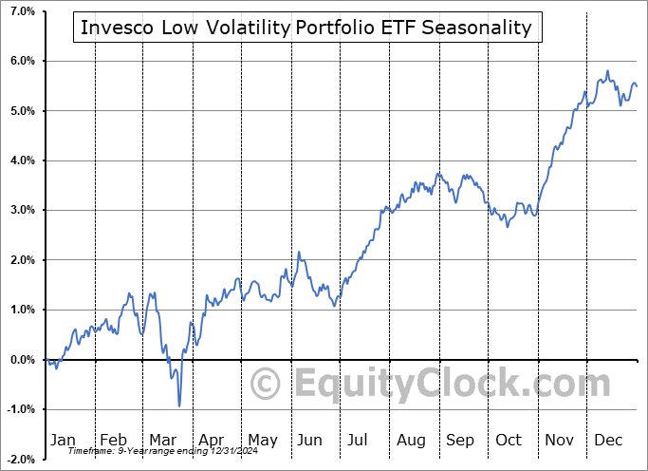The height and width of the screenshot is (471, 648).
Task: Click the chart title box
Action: [306, 28]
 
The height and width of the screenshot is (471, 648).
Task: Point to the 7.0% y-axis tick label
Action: [21, 11]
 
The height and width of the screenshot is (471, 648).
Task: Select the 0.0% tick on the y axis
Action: [21, 360]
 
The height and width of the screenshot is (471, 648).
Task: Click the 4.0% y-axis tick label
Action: [21, 160]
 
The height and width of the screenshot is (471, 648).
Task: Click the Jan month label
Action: [63, 440]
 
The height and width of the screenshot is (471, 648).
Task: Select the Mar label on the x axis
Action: [163, 440]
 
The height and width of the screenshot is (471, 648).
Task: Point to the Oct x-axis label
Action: [509, 440]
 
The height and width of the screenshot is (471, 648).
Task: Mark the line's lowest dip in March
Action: [179, 405]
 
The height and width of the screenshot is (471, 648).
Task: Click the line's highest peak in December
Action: [607, 71]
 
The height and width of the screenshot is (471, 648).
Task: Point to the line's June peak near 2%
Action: [299, 253]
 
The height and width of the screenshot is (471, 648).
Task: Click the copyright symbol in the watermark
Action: [266, 385]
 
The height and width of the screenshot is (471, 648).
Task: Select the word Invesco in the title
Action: [117, 28]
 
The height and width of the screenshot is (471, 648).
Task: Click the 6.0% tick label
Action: [21, 61]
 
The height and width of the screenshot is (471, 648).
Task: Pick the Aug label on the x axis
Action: [412, 440]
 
